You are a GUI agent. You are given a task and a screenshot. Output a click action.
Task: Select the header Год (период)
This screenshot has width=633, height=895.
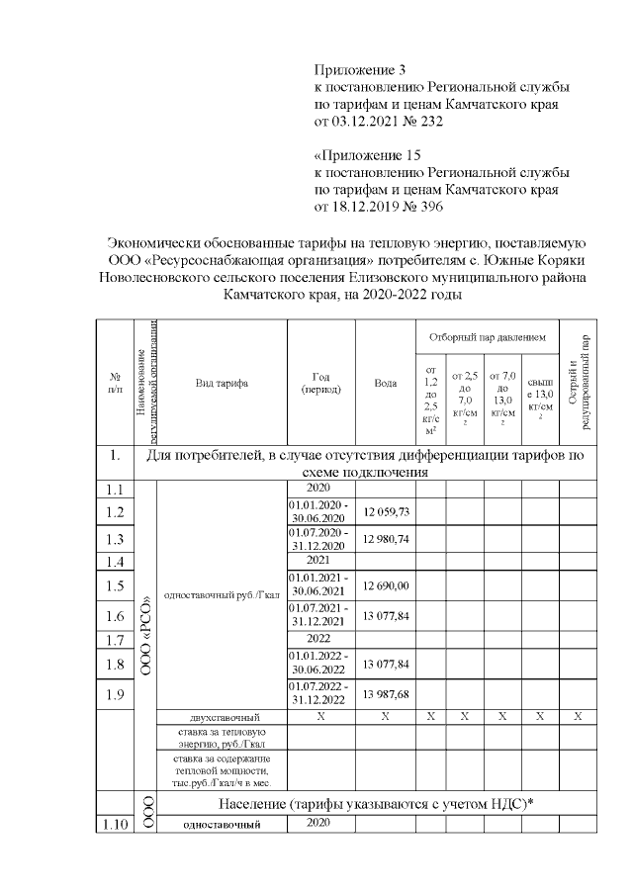point(320,383)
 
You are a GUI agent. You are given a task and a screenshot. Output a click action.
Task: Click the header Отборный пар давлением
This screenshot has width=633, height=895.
point(488,337)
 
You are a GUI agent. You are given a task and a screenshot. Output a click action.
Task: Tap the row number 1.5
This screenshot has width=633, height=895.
point(114,586)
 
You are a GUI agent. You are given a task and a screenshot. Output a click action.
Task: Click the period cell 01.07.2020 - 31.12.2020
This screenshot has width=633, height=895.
point(319,538)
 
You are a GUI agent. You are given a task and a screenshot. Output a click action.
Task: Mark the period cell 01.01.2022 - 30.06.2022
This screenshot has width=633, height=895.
point(319,663)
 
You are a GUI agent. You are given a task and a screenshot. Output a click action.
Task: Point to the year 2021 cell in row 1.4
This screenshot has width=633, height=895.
point(319,561)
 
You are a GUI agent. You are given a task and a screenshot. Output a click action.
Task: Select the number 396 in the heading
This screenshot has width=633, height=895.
point(430,208)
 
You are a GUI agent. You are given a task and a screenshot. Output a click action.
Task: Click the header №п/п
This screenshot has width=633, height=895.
point(114,383)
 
